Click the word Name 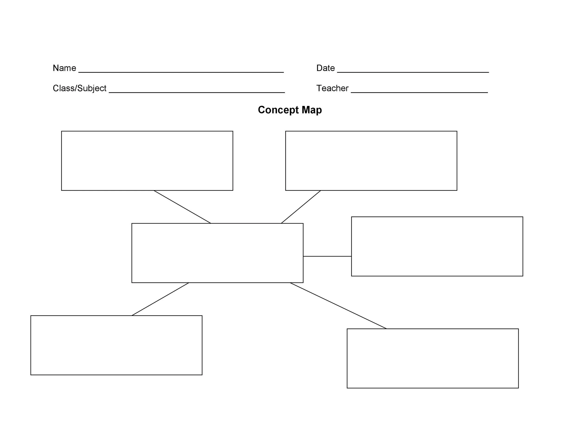64,68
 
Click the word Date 325,68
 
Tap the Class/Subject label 79,88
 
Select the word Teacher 332,88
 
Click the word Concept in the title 278,110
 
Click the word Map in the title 312,110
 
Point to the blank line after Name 181,72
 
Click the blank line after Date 413,72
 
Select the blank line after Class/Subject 197,92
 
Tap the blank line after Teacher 419,92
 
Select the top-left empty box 147,160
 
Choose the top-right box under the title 371,160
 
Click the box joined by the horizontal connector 437,246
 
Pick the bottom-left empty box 116,345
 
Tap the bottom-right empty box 433,358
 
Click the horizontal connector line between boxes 327,256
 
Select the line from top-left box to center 182,207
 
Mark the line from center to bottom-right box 338,305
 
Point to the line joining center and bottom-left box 160,299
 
